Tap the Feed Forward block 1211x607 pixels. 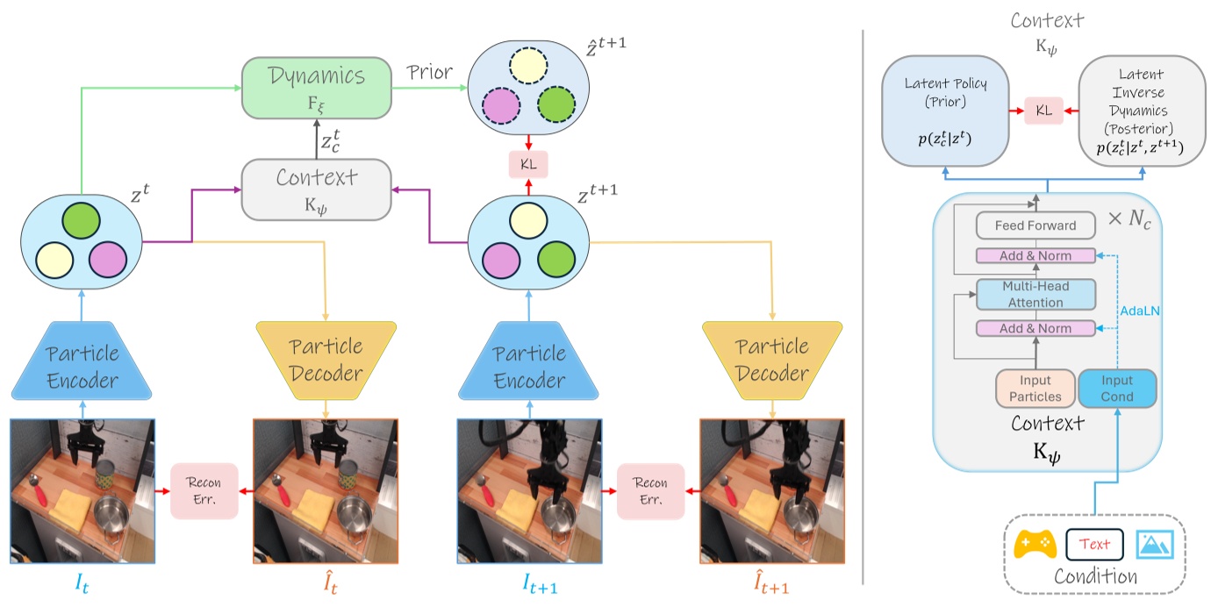pyautogui.click(x=1035, y=225)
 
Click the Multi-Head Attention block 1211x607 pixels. pyautogui.click(x=1035, y=294)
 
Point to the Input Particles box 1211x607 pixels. pyautogui.click(x=1035, y=389)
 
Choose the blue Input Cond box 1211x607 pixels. pyautogui.click(x=1116, y=389)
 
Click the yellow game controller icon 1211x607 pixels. pyautogui.click(x=1035, y=545)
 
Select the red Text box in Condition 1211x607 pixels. pyautogui.click(x=1094, y=544)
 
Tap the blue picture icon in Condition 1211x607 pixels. pyautogui.click(x=1156, y=545)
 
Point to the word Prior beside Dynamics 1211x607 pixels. pyautogui.click(x=429, y=73)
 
